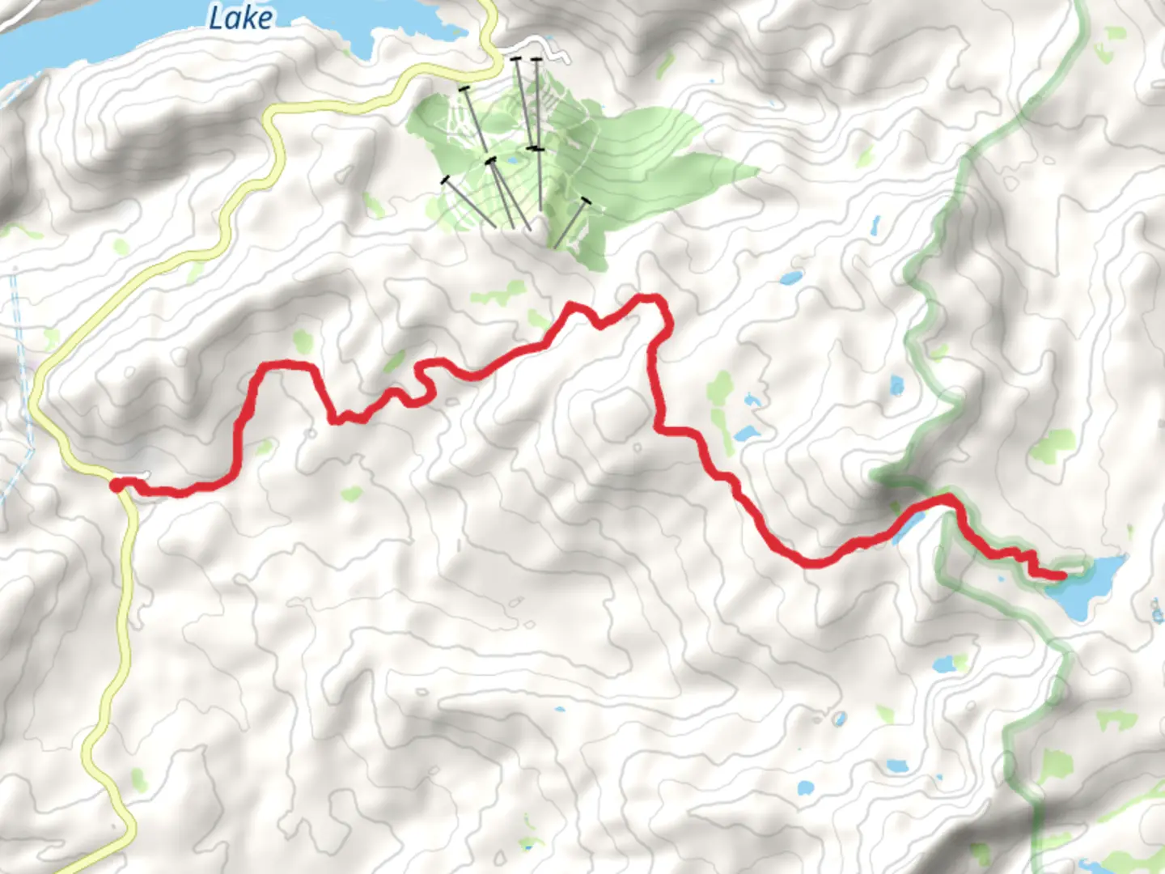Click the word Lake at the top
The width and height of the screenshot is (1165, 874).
[x=240, y=18]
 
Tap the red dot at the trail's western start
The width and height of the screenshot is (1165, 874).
[x=116, y=485]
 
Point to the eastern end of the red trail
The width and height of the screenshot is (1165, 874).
[x=1061, y=575]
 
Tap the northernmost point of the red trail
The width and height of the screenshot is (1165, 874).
[x=647, y=298]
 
